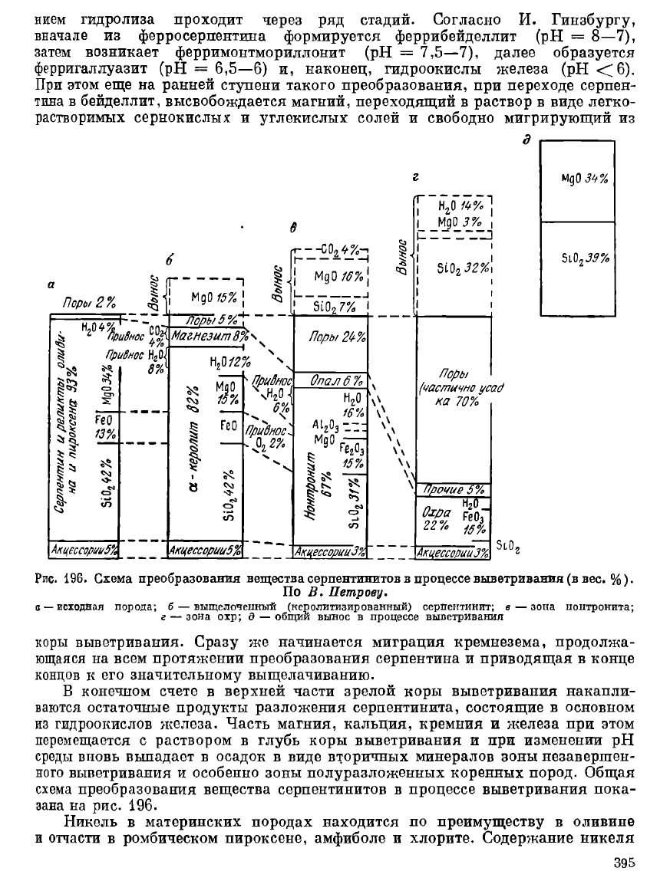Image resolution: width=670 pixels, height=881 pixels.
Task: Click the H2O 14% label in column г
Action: click(459, 207)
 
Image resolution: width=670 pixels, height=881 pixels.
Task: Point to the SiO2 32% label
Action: click(463, 268)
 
